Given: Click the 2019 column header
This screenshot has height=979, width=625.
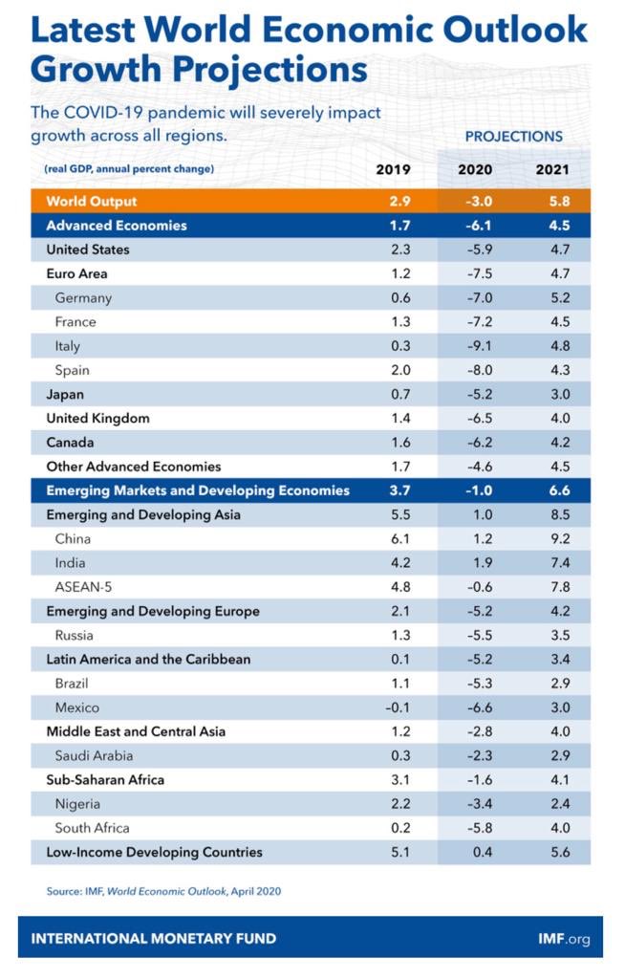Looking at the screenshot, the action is click(x=393, y=169).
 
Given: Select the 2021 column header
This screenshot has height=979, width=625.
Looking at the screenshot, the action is click(x=552, y=169).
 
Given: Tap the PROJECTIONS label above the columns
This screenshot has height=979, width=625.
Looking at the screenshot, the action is click(x=514, y=136).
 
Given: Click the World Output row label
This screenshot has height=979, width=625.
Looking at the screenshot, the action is click(x=91, y=201).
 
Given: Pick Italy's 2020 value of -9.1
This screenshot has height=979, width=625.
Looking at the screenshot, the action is click(x=480, y=346).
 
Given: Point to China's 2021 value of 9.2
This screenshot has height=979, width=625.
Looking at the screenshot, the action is click(x=560, y=539).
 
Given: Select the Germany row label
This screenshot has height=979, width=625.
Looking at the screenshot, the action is click(x=83, y=298).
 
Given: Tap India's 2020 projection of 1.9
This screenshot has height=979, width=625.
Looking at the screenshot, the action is click(x=483, y=563).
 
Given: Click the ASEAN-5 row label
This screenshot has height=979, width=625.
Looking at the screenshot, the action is click(x=83, y=587).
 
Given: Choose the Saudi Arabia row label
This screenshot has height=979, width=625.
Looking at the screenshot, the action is click(x=94, y=755).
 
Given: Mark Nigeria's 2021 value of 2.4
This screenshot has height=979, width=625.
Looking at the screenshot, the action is click(x=560, y=804).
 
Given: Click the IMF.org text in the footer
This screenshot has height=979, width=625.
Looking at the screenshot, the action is click(x=564, y=939).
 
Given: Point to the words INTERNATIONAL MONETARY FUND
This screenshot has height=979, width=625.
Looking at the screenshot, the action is click(x=154, y=939).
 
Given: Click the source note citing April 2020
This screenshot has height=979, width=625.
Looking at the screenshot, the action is click(x=163, y=891).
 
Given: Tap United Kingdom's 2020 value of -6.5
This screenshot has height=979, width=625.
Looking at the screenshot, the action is click(x=480, y=419).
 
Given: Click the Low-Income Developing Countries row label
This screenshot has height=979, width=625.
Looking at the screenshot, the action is click(x=154, y=852).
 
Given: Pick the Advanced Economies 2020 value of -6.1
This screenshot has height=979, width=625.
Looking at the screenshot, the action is click(x=479, y=226).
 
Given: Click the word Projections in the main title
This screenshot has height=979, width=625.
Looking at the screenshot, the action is click(x=269, y=70).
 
